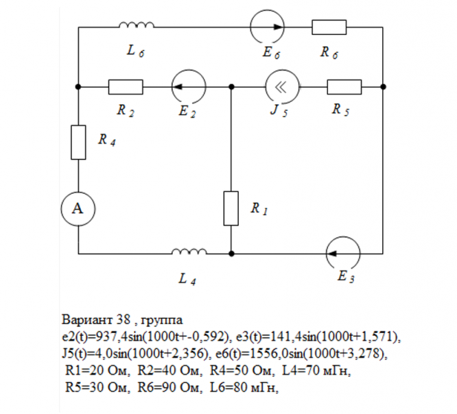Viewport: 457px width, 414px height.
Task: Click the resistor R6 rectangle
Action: pyautogui.click(x=329, y=27)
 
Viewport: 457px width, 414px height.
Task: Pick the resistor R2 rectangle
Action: pyautogui.click(x=126, y=87)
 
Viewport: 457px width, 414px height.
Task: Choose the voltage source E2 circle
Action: pyautogui.click(x=188, y=87)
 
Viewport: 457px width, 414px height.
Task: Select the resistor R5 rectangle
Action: pyautogui.click(x=344, y=87)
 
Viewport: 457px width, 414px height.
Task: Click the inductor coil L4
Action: pyautogui.click(x=189, y=252)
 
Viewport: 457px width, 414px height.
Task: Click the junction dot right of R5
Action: pyautogui.click(x=383, y=87)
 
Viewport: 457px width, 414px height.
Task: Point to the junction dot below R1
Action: pyautogui.click(x=231, y=252)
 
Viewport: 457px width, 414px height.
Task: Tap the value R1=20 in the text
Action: pyautogui.click(x=88, y=371)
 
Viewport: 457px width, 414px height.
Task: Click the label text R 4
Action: pyautogui.click(x=106, y=140)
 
